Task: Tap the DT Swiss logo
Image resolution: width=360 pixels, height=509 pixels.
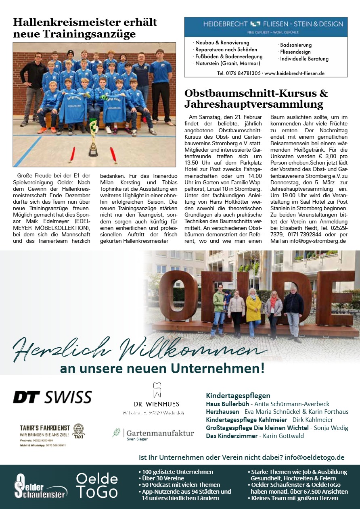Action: click(x=52, y=397)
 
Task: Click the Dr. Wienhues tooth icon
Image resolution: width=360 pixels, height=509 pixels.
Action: click(x=157, y=390)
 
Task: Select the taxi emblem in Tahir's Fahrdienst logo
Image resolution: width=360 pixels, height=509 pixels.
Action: click(x=79, y=430)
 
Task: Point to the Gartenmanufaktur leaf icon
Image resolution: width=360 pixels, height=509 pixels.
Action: click(x=116, y=432)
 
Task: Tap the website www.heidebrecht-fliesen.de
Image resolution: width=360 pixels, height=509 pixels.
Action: click(x=295, y=73)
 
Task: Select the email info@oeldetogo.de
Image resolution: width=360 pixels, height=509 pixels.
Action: click(x=314, y=457)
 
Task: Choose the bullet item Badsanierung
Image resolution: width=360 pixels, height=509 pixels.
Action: click(x=296, y=45)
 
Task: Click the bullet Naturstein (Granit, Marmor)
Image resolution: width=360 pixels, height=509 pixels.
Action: click(x=228, y=63)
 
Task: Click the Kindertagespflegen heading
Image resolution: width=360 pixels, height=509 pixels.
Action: click(x=238, y=395)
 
